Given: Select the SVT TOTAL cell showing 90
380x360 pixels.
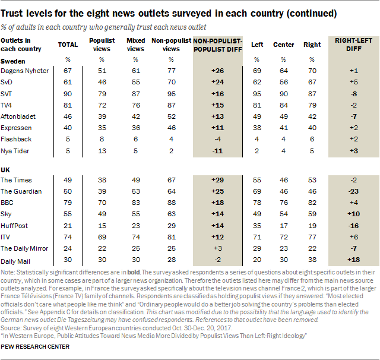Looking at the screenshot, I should tap(68, 93).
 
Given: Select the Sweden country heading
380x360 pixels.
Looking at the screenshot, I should tap(13, 61).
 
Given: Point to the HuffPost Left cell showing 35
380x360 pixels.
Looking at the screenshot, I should tap(257, 225).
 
